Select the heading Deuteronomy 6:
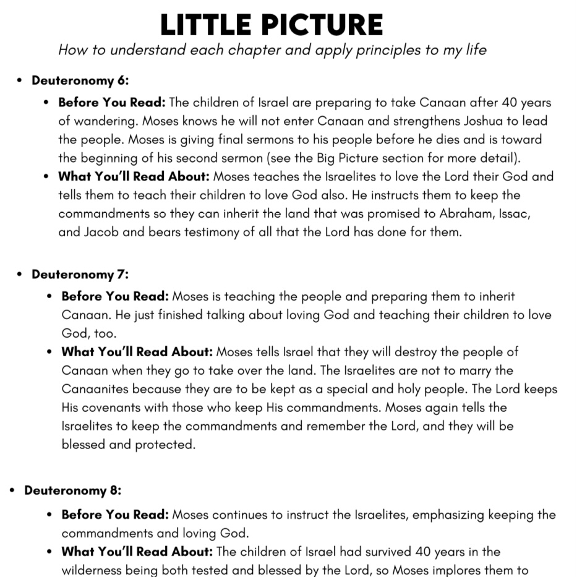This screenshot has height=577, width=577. click(80, 80)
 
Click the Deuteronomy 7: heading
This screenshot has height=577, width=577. click(80, 274)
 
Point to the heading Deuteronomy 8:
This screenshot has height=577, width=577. click(73, 490)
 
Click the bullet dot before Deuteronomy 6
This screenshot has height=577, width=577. click(20, 81)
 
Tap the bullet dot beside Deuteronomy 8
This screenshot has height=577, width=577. click(12, 491)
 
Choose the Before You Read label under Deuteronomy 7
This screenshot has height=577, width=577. click(115, 297)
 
